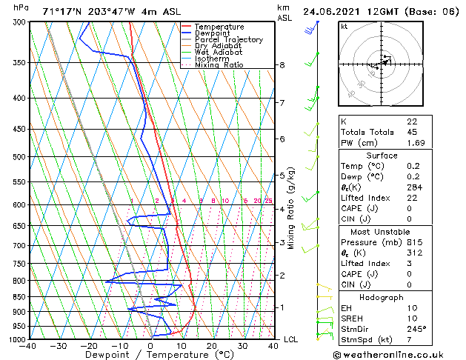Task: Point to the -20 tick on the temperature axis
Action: pos(90,345)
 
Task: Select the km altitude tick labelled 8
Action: pos(282,65)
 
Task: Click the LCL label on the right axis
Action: pos(291,339)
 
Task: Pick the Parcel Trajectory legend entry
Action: pos(228,40)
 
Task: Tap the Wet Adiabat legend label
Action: pos(218,53)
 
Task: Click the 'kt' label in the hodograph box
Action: pos(344,26)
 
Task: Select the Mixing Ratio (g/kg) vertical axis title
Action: pos(291,208)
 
